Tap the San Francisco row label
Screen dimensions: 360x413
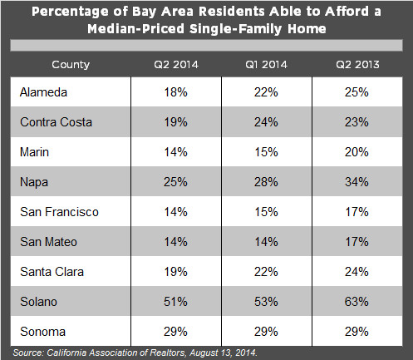click(x=58, y=212)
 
